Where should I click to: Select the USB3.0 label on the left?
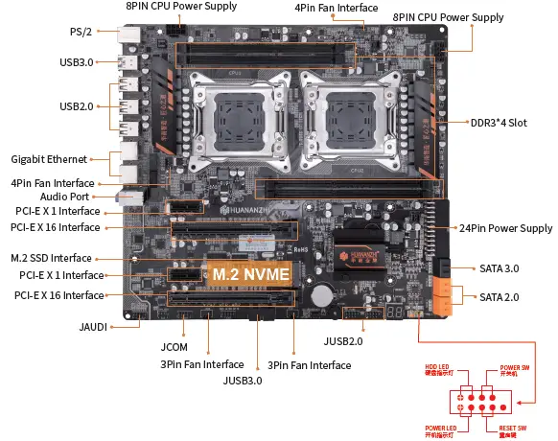click(76, 63)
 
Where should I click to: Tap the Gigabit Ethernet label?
click(49, 158)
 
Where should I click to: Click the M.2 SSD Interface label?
click(52, 258)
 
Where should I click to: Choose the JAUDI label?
click(93, 326)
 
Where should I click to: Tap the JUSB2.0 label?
click(342, 340)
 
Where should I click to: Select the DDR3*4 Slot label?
click(499, 123)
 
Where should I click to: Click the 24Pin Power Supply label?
click(506, 228)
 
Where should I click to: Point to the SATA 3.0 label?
click(498, 267)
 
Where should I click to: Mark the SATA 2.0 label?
click(498, 296)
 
